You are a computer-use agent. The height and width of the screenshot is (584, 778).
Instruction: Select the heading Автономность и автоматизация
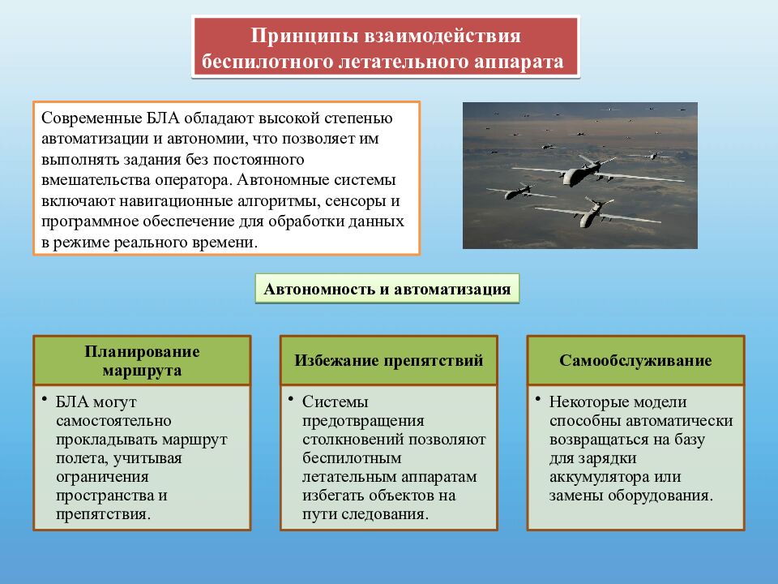tap(387, 289)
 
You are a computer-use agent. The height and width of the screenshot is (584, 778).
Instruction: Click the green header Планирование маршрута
tap(142, 360)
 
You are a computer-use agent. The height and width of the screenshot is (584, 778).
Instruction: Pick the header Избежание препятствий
tap(388, 360)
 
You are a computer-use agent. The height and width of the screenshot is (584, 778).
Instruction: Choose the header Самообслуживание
tap(635, 360)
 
